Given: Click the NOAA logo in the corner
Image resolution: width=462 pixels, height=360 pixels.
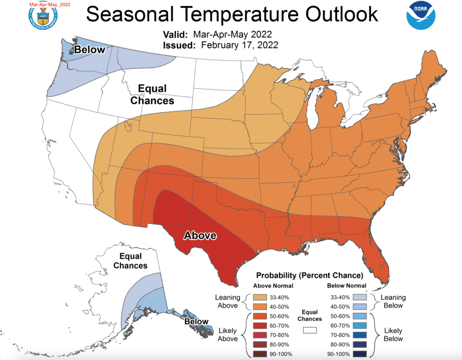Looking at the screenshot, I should pos(421,15).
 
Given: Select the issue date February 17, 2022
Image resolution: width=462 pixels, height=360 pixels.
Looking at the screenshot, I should pos(239,45).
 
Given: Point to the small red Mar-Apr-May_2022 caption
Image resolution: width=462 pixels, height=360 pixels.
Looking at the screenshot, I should pos(49,4).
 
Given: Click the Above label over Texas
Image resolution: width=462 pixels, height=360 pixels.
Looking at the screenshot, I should pos(200,236).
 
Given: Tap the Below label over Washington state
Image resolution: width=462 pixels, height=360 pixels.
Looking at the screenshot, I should pos(90,50).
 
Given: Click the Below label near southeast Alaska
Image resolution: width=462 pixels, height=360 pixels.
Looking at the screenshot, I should pos(196,321).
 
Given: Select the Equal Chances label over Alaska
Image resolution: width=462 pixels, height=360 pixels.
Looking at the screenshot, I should pos(130,261).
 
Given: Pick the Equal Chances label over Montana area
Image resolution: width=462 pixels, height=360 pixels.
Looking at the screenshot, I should pos(152,94).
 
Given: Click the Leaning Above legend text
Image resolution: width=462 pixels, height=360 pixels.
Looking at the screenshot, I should pos(228,301).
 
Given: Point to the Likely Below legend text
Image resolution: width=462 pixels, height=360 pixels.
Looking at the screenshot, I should pos(393,334).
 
